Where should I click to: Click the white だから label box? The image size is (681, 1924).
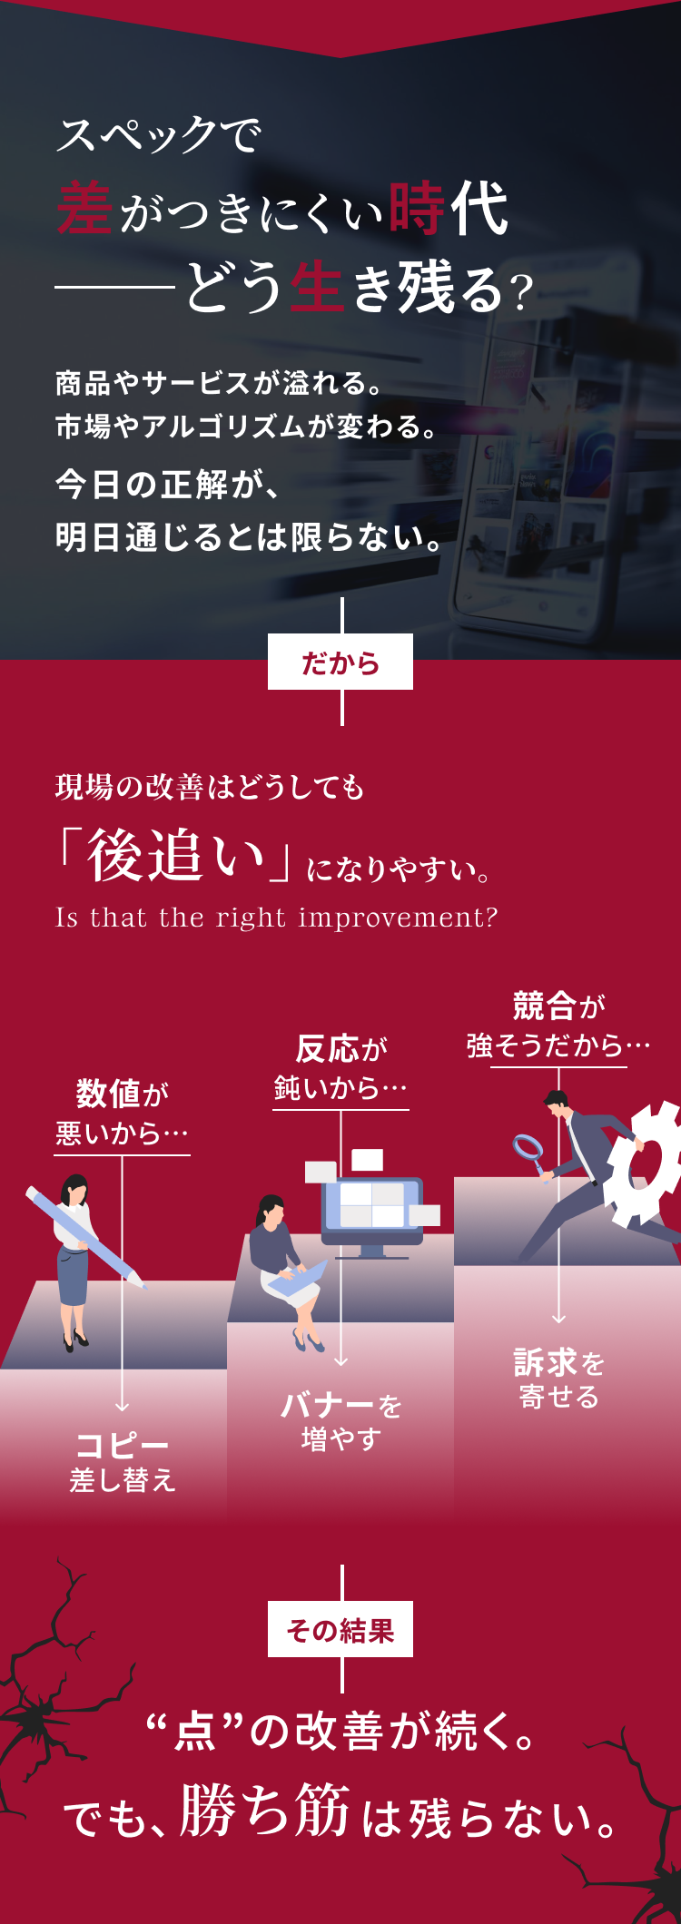click(340, 662)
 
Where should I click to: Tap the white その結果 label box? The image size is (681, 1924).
click(340, 1629)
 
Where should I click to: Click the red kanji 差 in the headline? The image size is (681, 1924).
click(84, 209)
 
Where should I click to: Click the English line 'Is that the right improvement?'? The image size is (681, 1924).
click(277, 918)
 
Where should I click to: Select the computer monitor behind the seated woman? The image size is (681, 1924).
click(372, 1216)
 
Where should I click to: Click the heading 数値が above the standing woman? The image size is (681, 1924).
click(123, 1094)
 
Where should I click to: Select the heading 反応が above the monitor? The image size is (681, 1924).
click(341, 1049)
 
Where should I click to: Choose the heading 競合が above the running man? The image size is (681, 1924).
click(559, 1006)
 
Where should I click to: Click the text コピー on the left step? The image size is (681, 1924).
click(123, 1445)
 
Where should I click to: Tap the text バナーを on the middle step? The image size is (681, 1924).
click(341, 1406)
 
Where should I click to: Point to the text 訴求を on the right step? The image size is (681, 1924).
click(559, 1362)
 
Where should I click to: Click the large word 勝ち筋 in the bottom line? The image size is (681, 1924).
click(265, 1811)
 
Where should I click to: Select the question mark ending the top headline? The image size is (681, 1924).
click(521, 293)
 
